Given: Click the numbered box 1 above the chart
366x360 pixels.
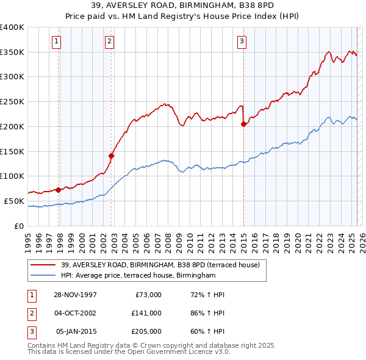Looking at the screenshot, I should [x=56, y=41].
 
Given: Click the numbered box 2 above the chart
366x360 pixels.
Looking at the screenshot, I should [x=109, y=41].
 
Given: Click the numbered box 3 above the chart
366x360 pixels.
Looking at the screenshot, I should [x=242, y=41].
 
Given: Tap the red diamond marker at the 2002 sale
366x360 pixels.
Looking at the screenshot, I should [x=112, y=155].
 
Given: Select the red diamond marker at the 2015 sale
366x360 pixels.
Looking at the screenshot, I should [x=243, y=124].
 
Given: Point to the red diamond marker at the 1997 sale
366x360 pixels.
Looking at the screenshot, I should [x=59, y=189].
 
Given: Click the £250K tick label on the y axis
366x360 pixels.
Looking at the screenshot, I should [x=12, y=101].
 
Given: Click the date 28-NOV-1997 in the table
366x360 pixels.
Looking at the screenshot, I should [x=75, y=295].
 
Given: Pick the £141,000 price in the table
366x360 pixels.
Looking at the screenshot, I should [x=146, y=313].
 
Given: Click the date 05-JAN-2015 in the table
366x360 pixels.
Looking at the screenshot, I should [x=76, y=331].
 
